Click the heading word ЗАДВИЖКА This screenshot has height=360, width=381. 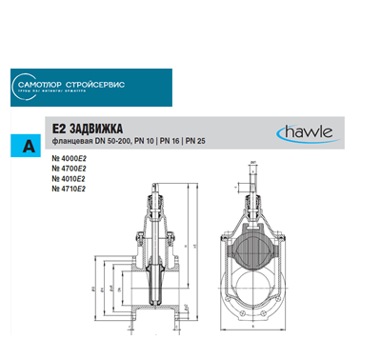101,128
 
